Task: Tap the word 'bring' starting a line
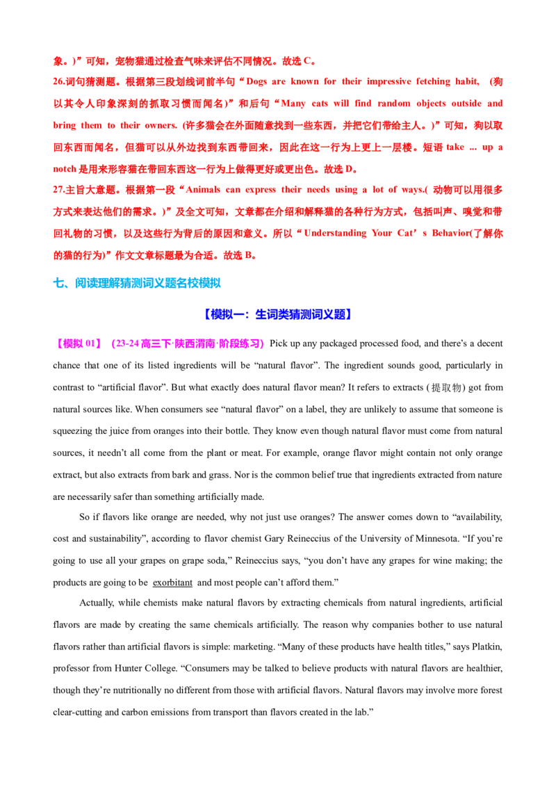60,127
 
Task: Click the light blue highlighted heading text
147,282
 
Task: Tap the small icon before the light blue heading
59,282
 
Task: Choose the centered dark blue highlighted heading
278,314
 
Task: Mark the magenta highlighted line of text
161,343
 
